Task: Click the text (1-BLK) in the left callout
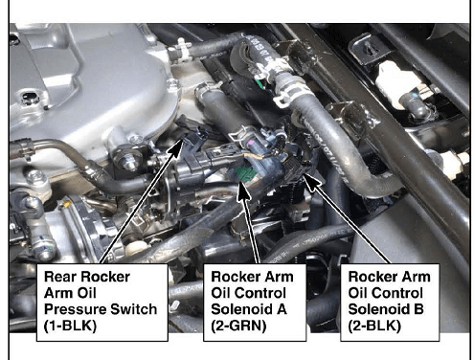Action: (x=70, y=326)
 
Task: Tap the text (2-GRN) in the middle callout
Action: (x=238, y=326)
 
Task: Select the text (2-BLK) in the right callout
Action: (x=374, y=326)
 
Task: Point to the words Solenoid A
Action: (x=249, y=309)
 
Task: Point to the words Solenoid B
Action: (x=386, y=309)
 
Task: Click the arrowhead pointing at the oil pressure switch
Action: (x=176, y=148)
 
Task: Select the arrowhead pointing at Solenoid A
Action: (x=243, y=191)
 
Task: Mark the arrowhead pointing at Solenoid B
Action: (x=310, y=182)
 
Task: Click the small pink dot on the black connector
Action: (x=251, y=142)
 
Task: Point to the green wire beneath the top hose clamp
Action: (x=260, y=84)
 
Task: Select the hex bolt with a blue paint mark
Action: (x=127, y=161)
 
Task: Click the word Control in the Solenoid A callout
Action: (x=266, y=293)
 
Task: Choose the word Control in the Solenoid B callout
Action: (x=403, y=293)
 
